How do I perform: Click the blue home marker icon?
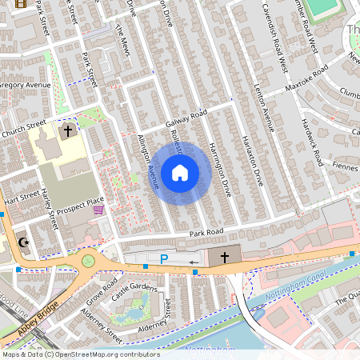180,172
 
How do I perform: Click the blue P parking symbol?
164,259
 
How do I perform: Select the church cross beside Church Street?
67,130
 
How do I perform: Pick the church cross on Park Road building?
225,258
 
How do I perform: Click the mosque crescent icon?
24,242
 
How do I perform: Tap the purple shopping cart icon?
98,210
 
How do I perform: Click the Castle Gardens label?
134,286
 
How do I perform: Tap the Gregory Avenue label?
24,85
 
